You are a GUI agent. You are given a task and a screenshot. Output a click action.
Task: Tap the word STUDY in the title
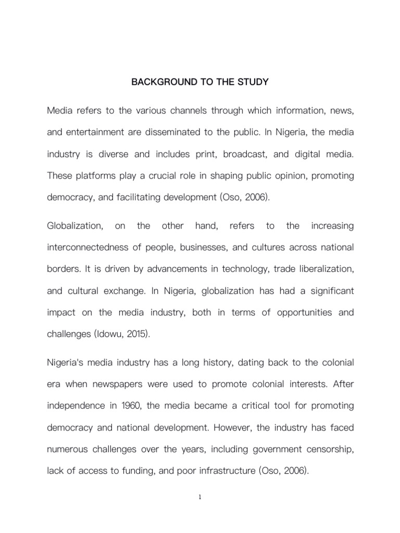click(253, 82)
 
